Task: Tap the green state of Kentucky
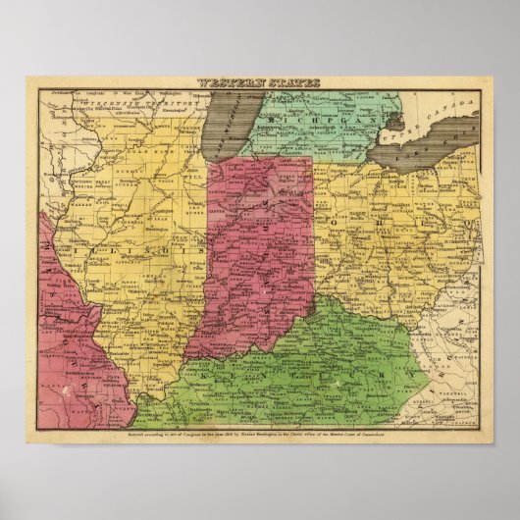(x=294, y=363)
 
